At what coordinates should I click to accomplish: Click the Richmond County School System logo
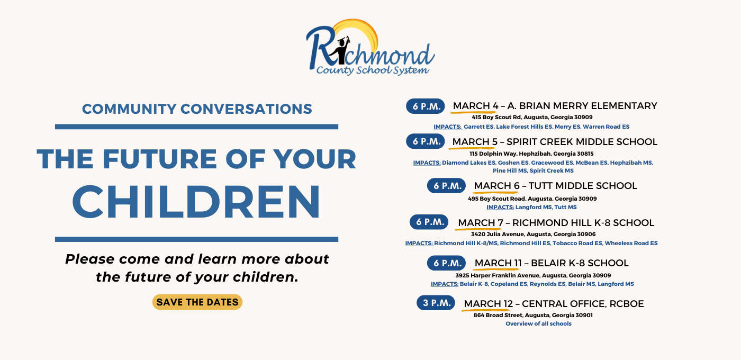click(370, 47)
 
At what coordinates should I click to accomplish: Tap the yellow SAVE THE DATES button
click(197, 302)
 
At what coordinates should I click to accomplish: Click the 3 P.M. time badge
click(436, 303)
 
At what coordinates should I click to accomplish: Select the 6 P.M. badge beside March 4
click(426, 106)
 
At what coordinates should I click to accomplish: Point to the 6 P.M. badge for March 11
click(446, 263)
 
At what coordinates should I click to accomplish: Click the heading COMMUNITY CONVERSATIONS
click(197, 109)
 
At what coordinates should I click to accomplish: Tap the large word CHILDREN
click(196, 202)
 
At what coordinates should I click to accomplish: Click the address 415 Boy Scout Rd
click(532, 117)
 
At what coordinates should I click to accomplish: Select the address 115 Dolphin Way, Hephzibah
click(531, 154)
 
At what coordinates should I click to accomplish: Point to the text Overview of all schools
click(539, 323)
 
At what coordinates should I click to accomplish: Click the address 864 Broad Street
click(533, 315)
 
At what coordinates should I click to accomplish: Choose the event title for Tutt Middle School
click(555, 186)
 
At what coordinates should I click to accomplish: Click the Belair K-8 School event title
click(552, 263)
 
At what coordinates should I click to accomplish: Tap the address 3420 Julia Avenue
click(534, 234)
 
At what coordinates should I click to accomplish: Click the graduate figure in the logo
click(342, 50)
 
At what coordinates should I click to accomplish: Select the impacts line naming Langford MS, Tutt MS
click(531, 207)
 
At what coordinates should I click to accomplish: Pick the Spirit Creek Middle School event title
click(555, 142)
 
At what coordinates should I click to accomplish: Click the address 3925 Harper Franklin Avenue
click(534, 275)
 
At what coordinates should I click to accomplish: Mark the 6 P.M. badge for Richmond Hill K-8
click(429, 222)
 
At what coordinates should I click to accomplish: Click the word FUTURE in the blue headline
click(160, 159)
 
